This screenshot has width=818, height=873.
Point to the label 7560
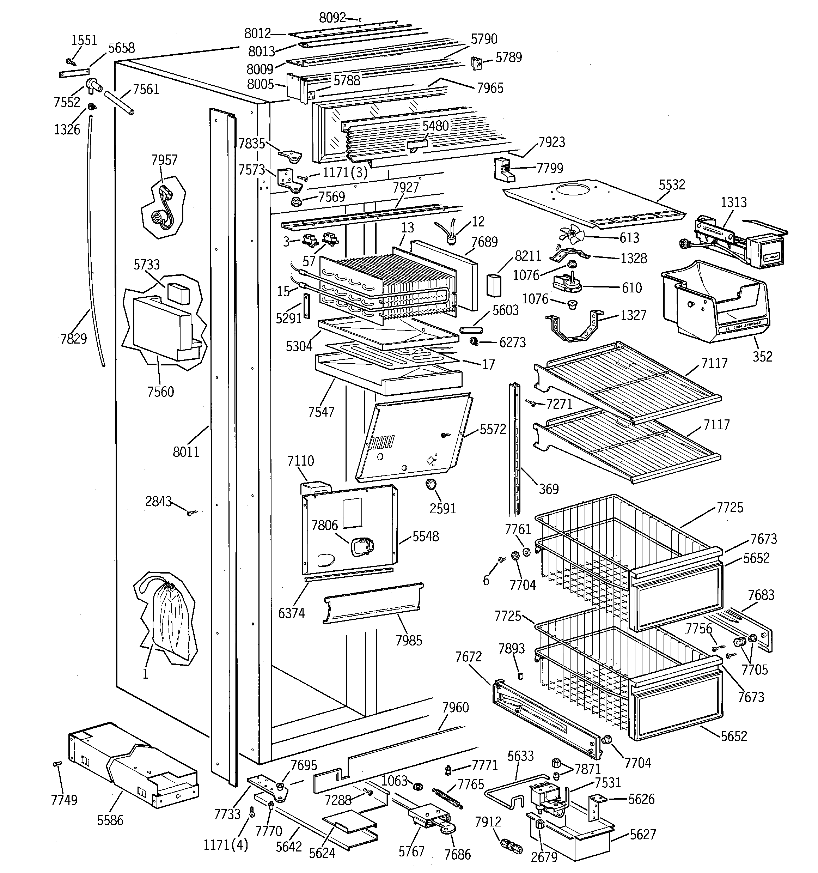click(x=161, y=391)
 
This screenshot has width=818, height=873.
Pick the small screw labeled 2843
click(x=192, y=513)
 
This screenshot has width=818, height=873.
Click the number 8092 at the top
click(x=332, y=18)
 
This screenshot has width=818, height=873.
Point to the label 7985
click(x=409, y=640)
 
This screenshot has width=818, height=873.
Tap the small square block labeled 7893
click(x=520, y=676)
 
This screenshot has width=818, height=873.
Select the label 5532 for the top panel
click(x=672, y=184)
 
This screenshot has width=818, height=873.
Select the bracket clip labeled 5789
click(x=477, y=64)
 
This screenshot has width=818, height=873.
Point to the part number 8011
click(x=186, y=451)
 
